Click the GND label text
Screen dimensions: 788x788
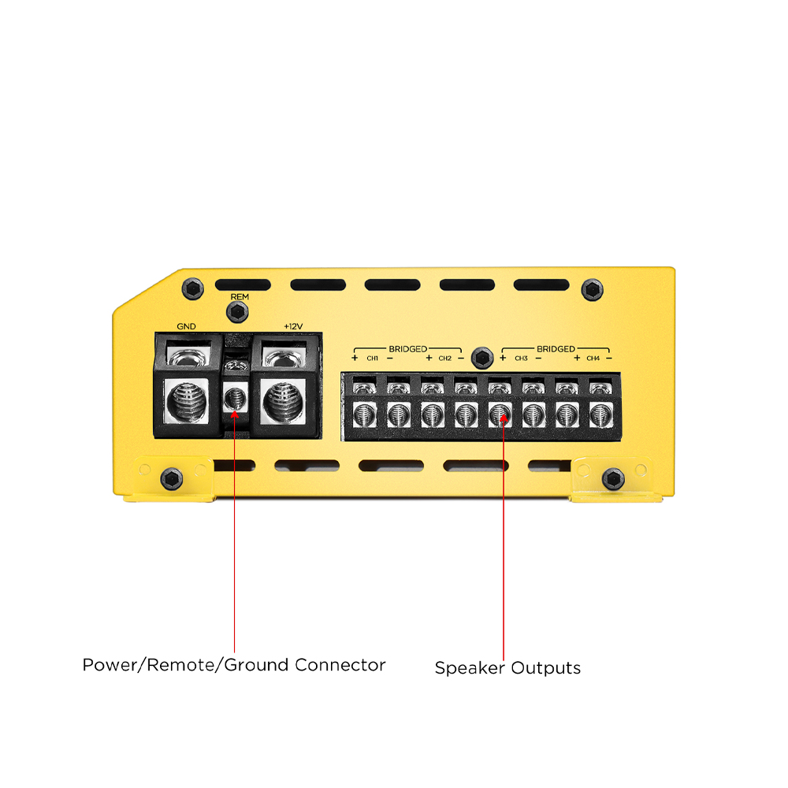pos(186,327)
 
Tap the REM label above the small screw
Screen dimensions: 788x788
pos(240,297)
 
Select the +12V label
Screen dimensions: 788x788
pos(293,327)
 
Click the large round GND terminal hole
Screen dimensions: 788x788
pos(187,401)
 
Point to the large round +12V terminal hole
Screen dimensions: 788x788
pos(283,401)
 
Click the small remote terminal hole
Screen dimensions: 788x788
pos(235,400)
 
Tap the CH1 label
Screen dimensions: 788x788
pos(373,359)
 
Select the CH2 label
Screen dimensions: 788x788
pos(444,359)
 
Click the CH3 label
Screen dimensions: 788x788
pos(521,359)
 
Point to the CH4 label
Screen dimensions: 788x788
pos(593,359)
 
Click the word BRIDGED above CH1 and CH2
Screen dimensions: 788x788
pos(407,349)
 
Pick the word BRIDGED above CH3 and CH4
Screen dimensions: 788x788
pos(556,349)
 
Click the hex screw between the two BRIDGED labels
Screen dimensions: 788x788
pos(482,358)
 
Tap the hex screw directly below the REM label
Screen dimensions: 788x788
pos(237,313)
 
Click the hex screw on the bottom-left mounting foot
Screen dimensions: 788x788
pos(171,479)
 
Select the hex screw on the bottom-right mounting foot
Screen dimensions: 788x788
pos(613,479)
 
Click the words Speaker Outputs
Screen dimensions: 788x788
pos(507,668)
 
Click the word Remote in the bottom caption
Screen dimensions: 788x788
pos(181,665)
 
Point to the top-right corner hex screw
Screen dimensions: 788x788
pos(592,289)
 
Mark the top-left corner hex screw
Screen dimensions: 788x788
pos(192,289)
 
